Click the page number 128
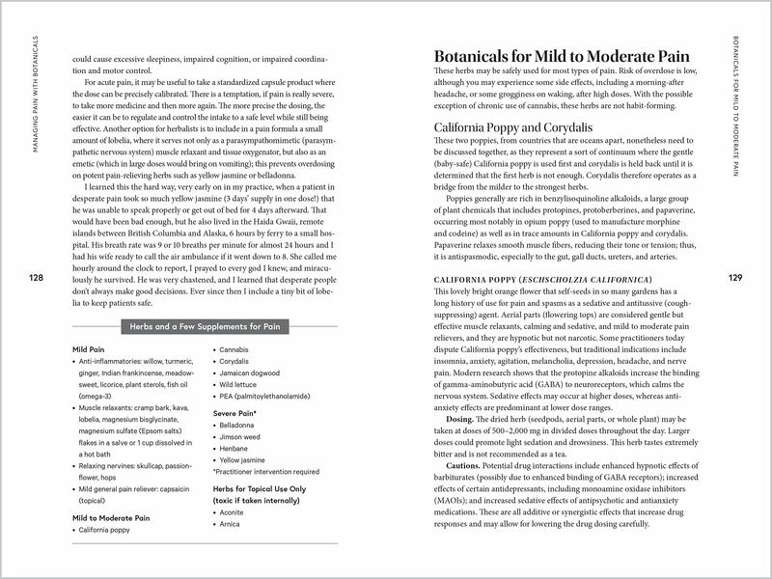[x=36, y=278]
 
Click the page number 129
[x=735, y=278]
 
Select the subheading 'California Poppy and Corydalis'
[x=511, y=126]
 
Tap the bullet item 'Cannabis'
[x=237, y=347]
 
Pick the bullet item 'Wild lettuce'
[x=242, y=385]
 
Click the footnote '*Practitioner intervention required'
[x=264, y=473]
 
